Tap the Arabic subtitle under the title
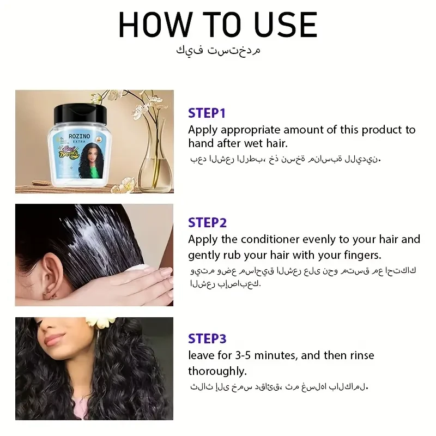click(x=218, y=51)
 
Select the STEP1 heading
click(x=207, y=113)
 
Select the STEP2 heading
click(x=207, y=222)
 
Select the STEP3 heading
click(x=207, y=338)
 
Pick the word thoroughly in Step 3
click(x=217, y=371)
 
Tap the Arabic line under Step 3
click(x=279, y=387)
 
